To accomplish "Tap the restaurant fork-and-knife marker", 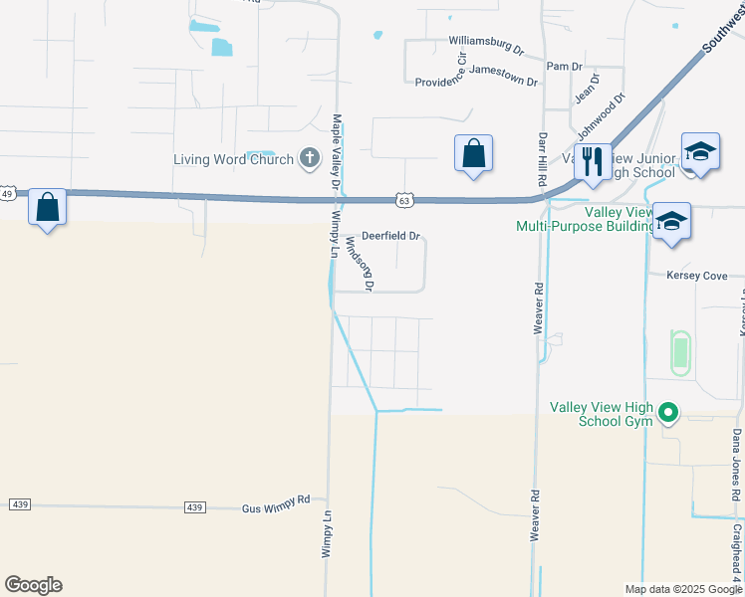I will click(593, 160).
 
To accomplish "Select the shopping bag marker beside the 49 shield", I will click(47, 207).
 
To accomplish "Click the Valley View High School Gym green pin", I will click(669, 411).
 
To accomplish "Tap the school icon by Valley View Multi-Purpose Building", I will click(672, 220).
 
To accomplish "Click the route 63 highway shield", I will click(403, 200).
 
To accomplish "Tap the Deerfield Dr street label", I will click(390, 237).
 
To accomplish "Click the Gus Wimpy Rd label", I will click(276, 508).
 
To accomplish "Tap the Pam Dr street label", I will click(564, 66).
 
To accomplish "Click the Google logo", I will click(34, 585).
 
